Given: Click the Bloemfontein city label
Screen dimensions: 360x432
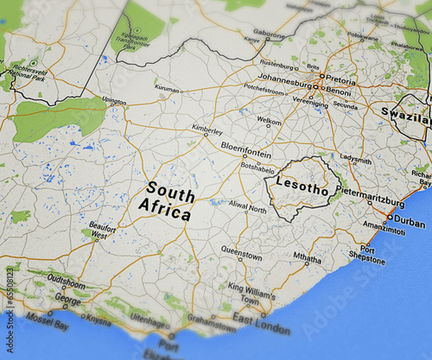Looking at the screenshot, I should coord(246,147).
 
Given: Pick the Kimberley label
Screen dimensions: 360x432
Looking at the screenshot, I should coord(206,129).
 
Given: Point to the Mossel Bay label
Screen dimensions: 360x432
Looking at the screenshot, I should coord(47,327).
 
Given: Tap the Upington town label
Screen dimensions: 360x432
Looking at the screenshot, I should coord(114,100).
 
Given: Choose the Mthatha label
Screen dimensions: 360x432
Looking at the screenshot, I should coord(307,256).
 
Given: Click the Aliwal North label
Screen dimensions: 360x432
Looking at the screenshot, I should coord(247,208).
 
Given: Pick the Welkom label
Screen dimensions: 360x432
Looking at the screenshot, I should coord(269,120).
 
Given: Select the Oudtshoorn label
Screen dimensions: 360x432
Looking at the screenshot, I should coord(66,279).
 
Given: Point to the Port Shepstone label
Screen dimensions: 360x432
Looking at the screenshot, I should coord(367,254).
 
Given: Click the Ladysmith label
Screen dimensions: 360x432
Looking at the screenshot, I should coord(355,159).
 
